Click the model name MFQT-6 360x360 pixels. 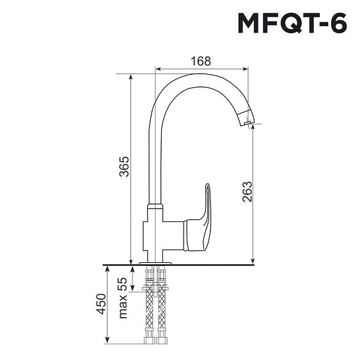(x=292, y=24)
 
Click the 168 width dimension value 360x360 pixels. (x=201, y=61)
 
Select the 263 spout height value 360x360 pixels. (x=248, y=192)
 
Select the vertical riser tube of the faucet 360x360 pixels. (x=153, y=160)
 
